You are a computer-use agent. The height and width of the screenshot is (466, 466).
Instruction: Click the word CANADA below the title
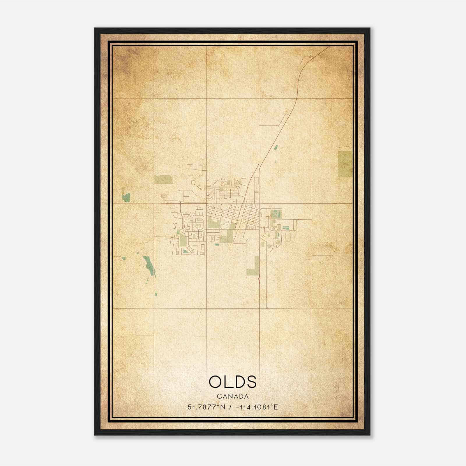(233, 396)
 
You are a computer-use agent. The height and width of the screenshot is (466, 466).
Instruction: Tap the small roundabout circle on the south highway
(259, 279)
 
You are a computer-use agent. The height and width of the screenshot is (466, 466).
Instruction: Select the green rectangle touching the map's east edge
(345, 164)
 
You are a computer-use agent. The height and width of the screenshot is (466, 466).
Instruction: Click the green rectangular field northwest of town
(163, 179)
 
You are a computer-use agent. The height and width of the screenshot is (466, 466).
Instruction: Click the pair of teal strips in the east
(285, 228)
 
